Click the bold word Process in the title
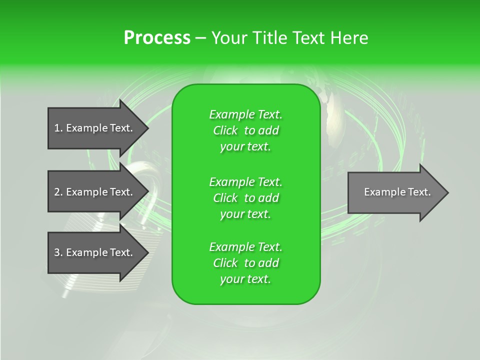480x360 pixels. click(x=157, y=38)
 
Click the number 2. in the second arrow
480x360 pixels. click(x=58, y=192)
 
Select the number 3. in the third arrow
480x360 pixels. click(x=58, y=252)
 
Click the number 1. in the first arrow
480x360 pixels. click(x=58, y=128)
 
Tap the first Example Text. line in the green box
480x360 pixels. click(x=245, y=114)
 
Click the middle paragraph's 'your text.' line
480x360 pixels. click(x=245, y=214)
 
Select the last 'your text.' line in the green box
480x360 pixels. click(x=245, y=279)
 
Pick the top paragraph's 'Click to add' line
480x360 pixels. click(x=245, y=130)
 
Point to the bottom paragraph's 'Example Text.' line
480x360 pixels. click(x=245, y=247)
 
